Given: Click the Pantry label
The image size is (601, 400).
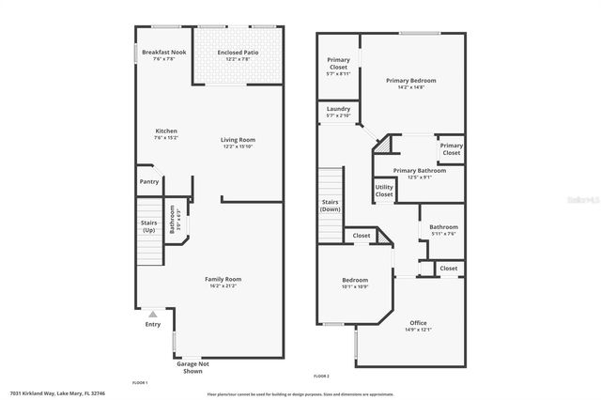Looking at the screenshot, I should tap(149, 181).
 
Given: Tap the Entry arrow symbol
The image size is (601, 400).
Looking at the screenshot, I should tap(152, 314).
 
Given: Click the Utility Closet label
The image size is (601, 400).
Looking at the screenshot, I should tap(384, 191).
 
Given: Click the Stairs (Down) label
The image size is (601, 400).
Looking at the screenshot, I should tap(330, 206).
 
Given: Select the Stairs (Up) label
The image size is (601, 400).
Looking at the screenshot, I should tap(149, 226).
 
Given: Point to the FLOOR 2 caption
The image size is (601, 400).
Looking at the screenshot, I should tap(322, 376).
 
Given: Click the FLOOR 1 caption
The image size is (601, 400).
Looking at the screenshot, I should tap(140, 383).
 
